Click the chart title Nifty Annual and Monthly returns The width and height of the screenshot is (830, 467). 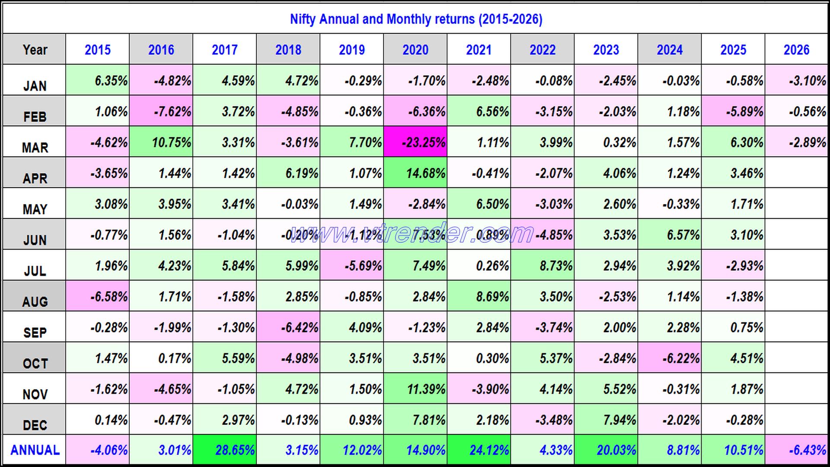[416, 19]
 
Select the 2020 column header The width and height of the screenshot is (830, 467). [415, 50]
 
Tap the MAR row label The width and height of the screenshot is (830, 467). [35, 147]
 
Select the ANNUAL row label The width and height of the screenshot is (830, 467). [35, 450]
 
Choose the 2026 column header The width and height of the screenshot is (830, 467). [796, 50]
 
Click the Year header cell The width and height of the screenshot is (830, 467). [35, 50]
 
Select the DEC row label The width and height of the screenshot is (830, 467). [35, 425]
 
